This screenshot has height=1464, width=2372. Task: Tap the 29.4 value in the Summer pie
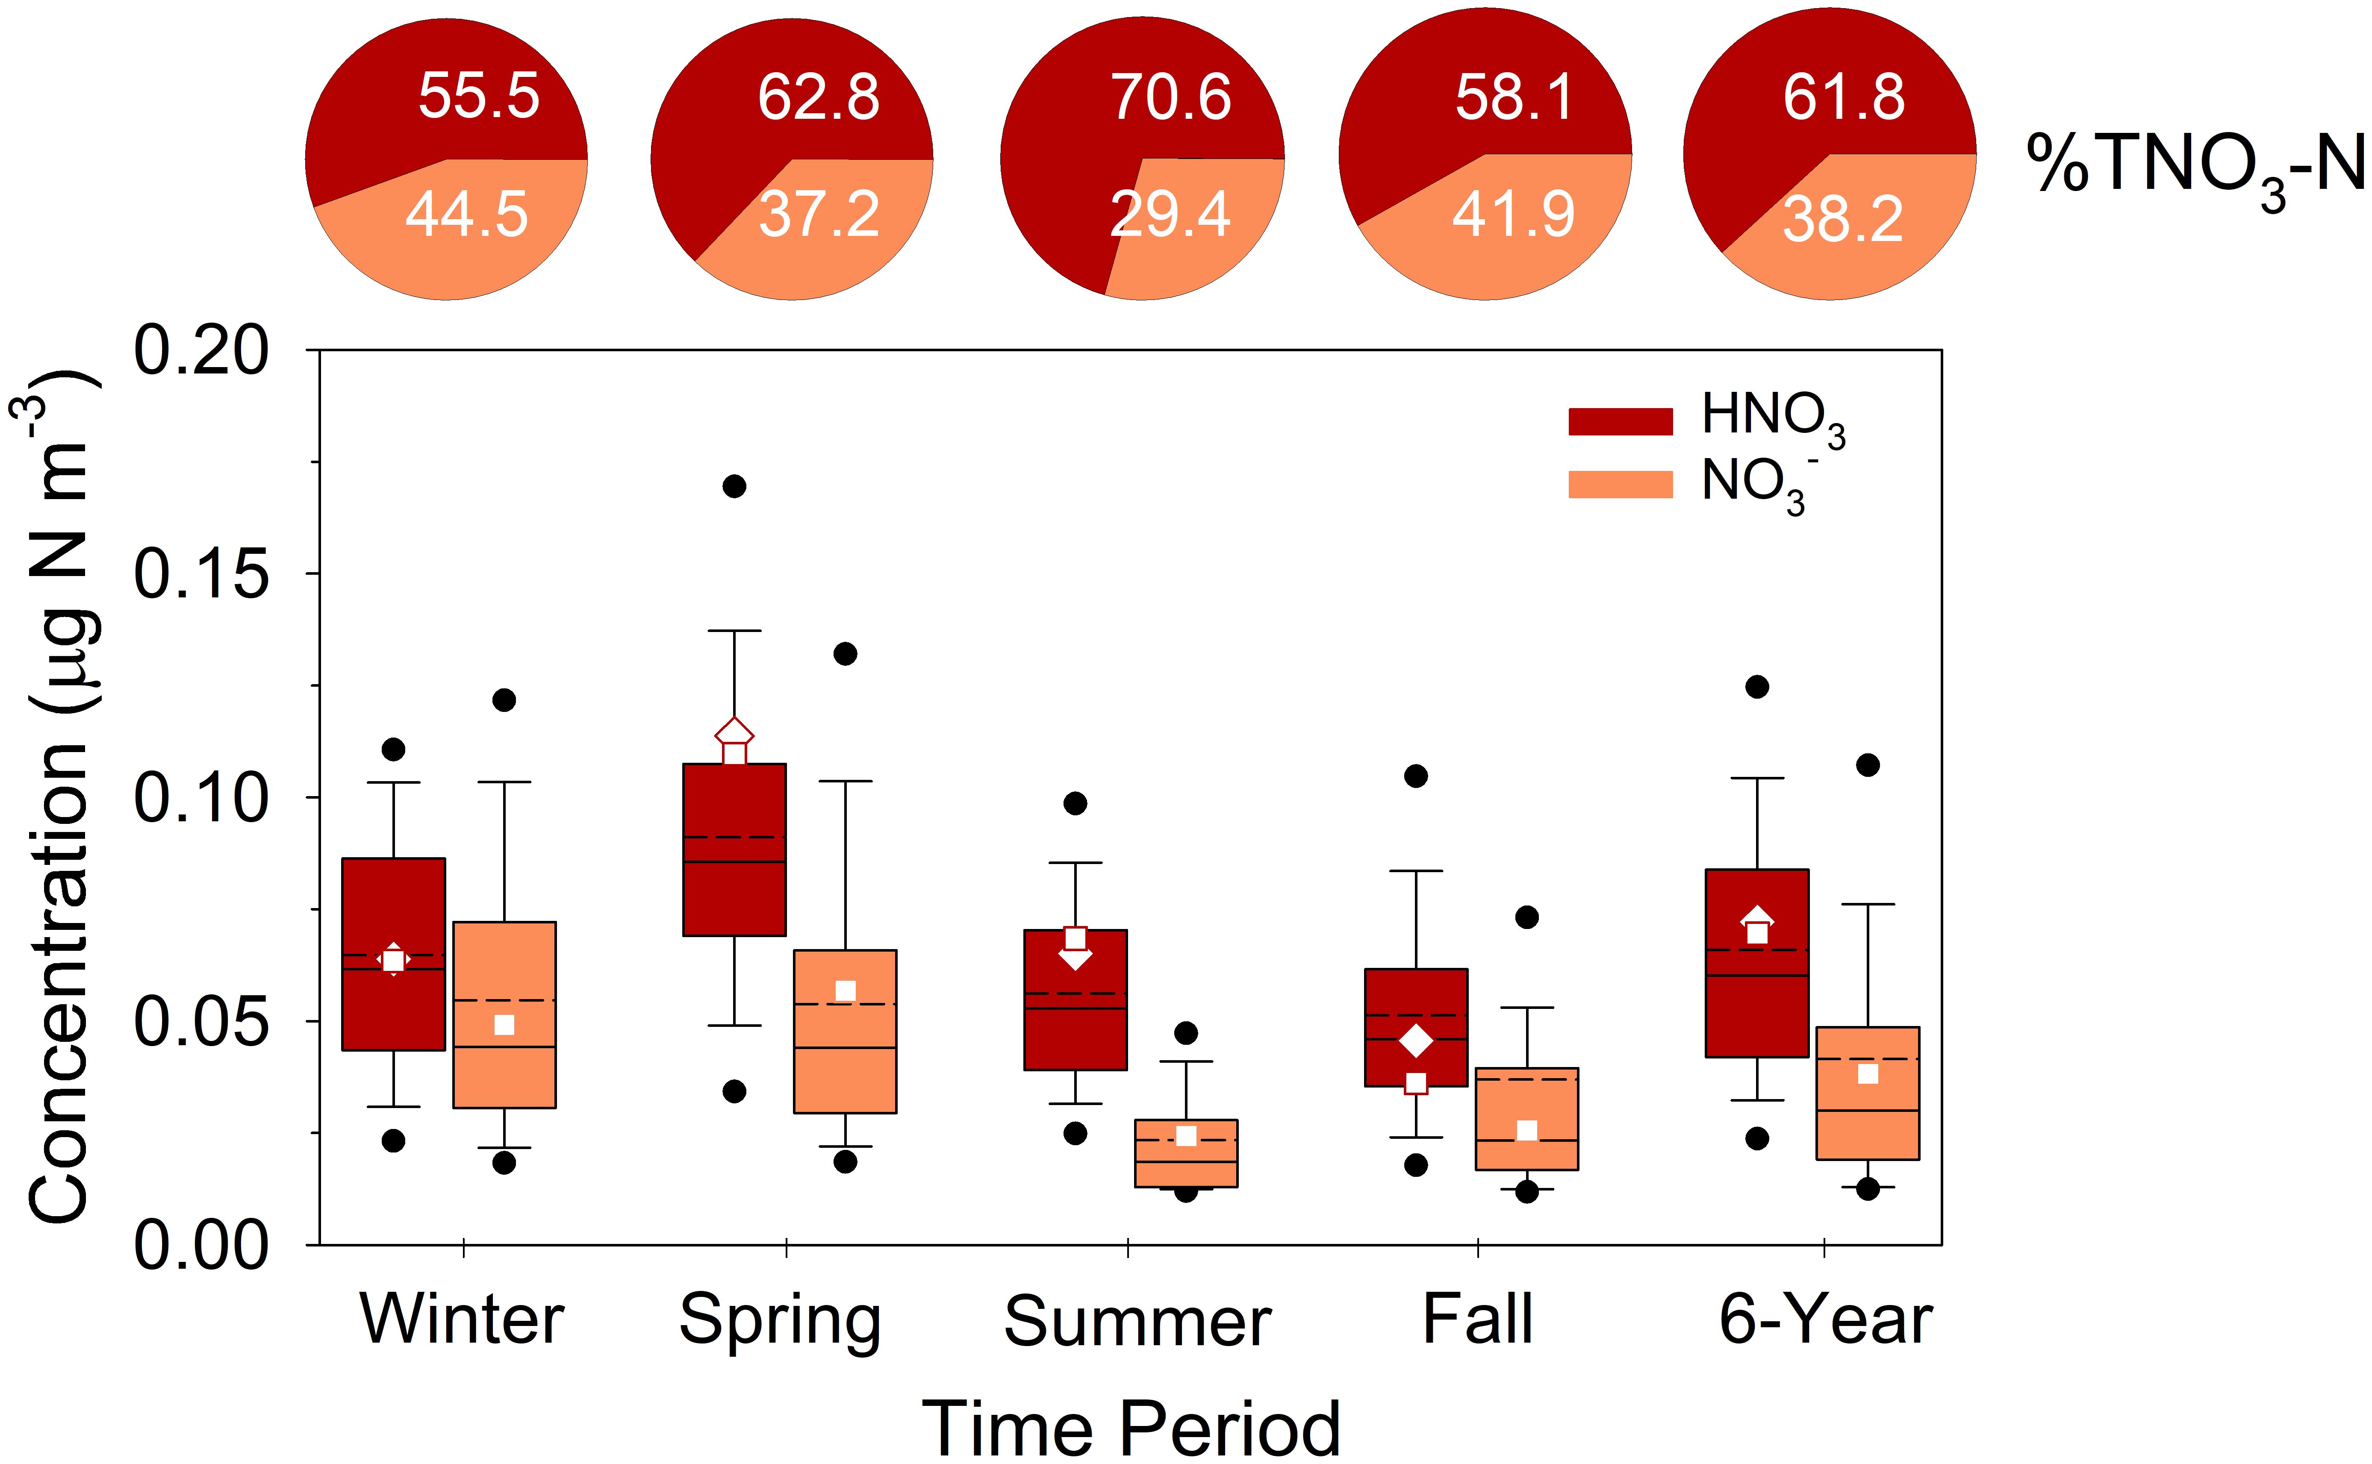click(1170, 214)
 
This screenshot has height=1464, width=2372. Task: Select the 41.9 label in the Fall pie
click(1513, 214)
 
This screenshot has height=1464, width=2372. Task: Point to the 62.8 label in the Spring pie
click(819, 97)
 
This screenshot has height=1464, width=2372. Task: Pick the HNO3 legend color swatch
click(1619, 421)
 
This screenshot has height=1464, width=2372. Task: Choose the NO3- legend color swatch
click(1619, 484)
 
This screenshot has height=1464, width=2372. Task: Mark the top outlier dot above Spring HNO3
click(734, 486)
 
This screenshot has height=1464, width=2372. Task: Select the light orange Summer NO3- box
click(1185, 1168)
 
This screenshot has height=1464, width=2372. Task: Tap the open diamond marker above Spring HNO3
click(734, 733)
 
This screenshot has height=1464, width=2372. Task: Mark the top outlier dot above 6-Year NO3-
click(1868, 765)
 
